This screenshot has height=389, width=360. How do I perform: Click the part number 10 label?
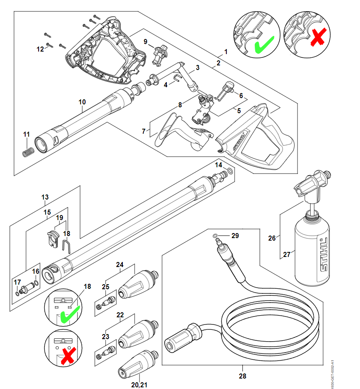(82, 102)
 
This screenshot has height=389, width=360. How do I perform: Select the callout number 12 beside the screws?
(40, 49)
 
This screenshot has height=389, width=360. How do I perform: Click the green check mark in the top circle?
(264, 44)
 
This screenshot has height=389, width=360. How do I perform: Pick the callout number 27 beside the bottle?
(286, 254)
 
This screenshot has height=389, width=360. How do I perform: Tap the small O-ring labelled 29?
(215, 236)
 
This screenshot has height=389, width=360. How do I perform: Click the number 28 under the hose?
(242, 376)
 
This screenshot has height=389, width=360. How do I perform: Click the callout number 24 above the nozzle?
(120, 265)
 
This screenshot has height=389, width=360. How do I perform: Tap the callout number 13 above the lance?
(45, 197)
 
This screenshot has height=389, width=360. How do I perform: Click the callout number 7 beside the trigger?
(143, 131)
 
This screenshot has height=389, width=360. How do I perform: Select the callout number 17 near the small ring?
(17, 282)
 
